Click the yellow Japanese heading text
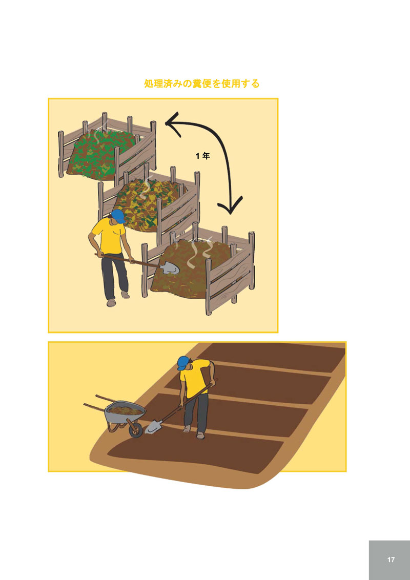click(x=202, y=84)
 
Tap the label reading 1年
click(x=203, y=156)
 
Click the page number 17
click(x=391, y=560)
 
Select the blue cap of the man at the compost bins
click(x=118, y=215)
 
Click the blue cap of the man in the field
click(x=183, y=363)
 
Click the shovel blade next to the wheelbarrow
click(x=153, y=427)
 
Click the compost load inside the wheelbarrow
click(x=125, y=409)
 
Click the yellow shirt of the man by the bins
click(x=109, y=236)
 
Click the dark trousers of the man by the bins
click(x=115, y=276)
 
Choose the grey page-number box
click(x=389, y=560)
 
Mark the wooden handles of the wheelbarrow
click(x=97, y=401)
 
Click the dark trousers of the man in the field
click(x=196, y=413)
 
